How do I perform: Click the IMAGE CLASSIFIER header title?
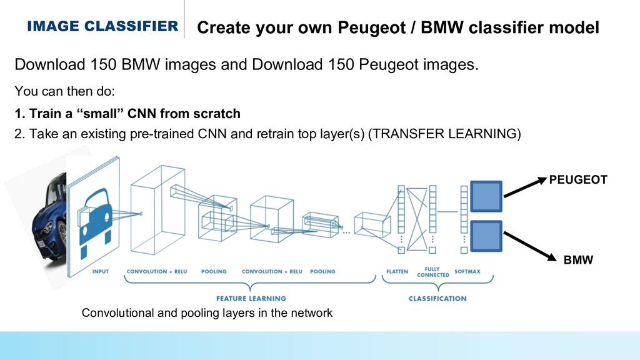(102, 26)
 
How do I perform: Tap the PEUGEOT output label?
(578, 180)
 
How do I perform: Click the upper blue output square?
(486, 196)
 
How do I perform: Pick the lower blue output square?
(486, 236)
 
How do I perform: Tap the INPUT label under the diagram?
(100, 272)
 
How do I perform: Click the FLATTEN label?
(398, 272)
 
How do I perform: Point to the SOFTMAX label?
(468, 272)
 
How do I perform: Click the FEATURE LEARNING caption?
(251, 299)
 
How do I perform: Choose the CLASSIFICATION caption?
(437, 299)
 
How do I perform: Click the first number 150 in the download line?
(104, 65)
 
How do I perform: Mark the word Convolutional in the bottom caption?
(119, 313)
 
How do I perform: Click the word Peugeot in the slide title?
(367, 27)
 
